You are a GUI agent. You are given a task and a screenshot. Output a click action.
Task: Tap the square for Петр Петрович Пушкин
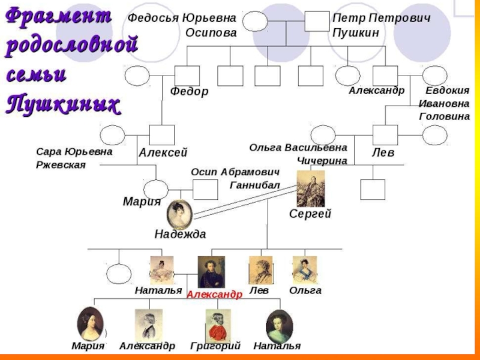click(x=317, y=22)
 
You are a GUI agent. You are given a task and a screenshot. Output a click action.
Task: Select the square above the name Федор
click(x=187, y=76)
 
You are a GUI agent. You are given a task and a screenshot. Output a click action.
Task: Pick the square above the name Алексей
click(x=162, y=135)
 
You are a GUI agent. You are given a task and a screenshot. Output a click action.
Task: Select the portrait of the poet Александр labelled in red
click(x=211, y=271)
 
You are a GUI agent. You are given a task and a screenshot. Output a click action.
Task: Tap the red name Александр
click(x=214, y=295)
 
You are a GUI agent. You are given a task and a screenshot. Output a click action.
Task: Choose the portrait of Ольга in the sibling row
click(x=304, y=270)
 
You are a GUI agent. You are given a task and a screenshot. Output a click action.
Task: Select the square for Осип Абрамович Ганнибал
click(x=205, y=190)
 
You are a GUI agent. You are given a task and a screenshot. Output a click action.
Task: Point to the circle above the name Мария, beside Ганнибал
click(x=157, y=188)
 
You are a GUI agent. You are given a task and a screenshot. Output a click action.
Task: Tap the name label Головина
click(x=445, y=116)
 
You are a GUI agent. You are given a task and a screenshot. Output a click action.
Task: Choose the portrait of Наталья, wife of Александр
click(x=161, y=271)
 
